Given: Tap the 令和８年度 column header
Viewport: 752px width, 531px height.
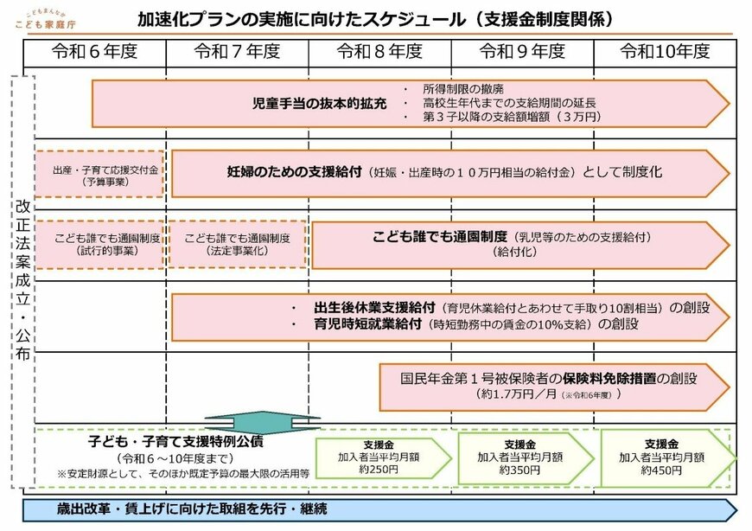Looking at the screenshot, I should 379,52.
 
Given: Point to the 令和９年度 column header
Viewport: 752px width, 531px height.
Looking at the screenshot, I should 522,52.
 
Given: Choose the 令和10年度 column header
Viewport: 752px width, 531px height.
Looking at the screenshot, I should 665,52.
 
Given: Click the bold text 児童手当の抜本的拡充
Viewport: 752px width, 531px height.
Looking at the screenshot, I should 314,103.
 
